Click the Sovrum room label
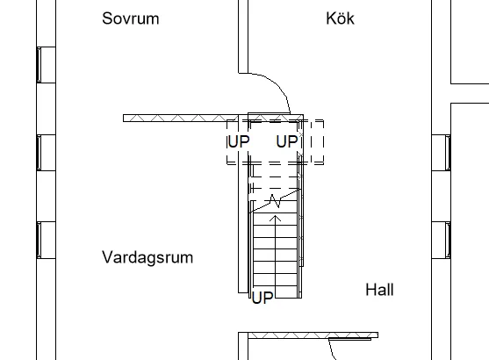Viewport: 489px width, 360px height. tap(131, 18)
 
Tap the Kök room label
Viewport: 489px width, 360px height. tap(340, 18)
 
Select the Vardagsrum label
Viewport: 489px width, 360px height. tap(147, 258)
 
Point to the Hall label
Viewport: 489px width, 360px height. tap(379, 290)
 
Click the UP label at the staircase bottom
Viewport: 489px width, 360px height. tap(262, 298)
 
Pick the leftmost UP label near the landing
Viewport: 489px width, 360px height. tap(239, 141)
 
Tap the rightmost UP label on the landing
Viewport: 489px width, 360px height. tap(287, 141)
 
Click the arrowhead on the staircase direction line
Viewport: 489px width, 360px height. tap(275, 218)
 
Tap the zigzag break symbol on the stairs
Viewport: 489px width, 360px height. tap(276, 201)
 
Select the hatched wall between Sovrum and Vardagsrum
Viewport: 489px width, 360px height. tap(181, 119)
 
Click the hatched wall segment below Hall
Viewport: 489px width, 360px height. tap(313, 335)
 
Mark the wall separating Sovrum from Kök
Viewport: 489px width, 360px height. tap(243, 37)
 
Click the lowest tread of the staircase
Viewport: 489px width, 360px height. tap(275, 292)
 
